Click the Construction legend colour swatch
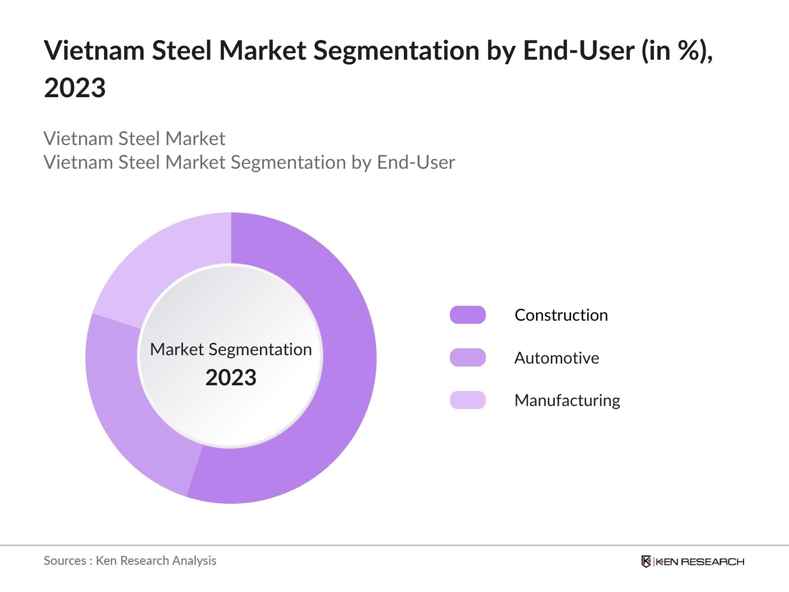coord(467,315)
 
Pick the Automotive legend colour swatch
coord(467,358)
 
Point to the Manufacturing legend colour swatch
coord(467,400)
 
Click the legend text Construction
coord(561,315)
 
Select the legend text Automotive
coord(557,358)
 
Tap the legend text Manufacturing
coord(567,401)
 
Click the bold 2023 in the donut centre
coord(231,378)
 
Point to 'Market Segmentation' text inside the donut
coord(231,349)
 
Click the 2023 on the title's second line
coord(75,88)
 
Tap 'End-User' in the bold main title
coord(578,51)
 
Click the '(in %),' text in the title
coord(677,51)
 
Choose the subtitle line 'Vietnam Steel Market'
coord(134,139)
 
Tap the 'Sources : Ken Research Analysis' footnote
coord(130,561)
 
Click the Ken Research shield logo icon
coord(646,561)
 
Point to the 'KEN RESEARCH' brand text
coord(700,562)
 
